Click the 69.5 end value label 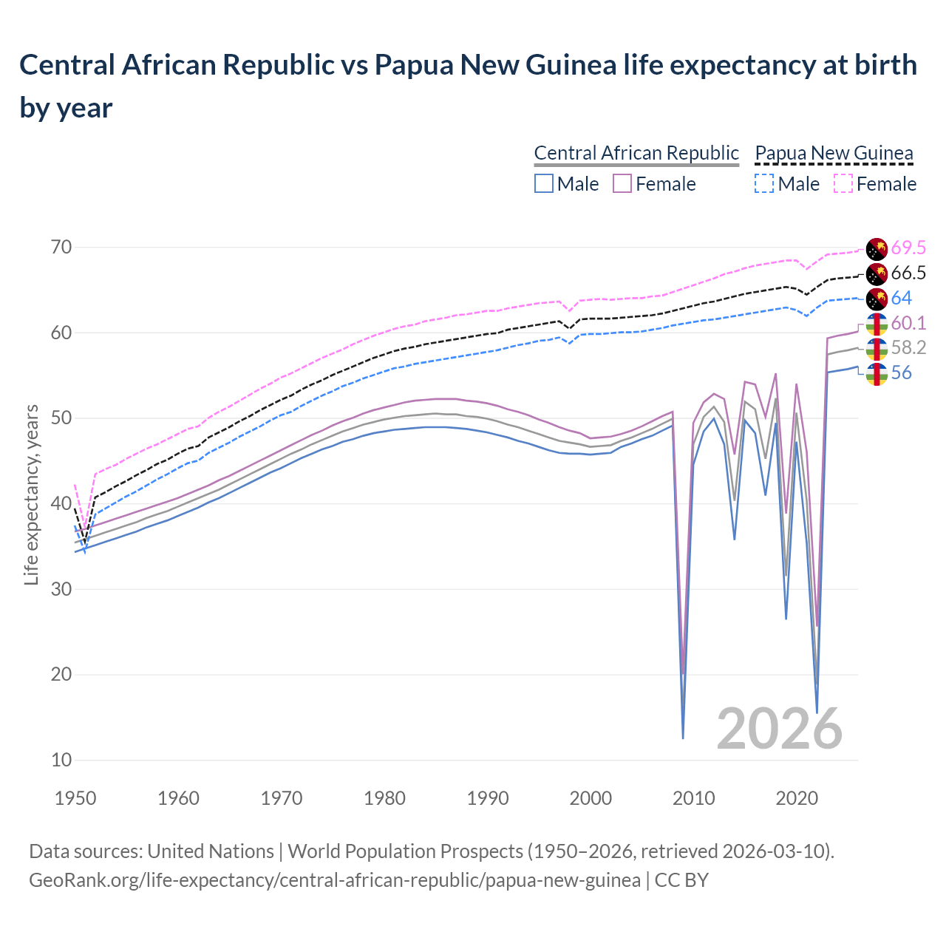pos(908,248)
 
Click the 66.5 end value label pos(908,273)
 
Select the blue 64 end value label pos(901,299)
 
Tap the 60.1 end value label pos(908,324)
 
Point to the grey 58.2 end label pos(908,348)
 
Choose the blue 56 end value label pos(901,373)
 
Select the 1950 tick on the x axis pos(76,799)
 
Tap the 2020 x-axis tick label pos(797,799)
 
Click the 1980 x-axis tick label pos(385,799)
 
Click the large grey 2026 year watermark pos(780,729)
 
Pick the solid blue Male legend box pos(544,184)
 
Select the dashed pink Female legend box pos(843,184)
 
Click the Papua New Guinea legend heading pos(834,154)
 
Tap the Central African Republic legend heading pos(636,154)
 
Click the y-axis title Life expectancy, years pos(31,495)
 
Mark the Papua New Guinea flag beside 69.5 pos(877,249)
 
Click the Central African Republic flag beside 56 pos(877,374)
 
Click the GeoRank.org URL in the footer pos(335,881)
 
